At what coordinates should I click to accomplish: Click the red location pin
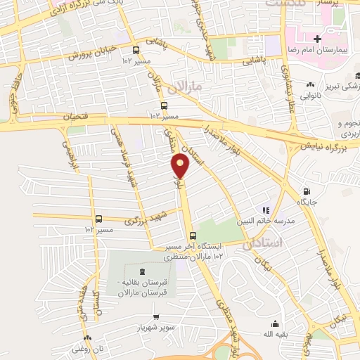coord(181,166)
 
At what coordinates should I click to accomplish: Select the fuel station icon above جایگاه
coord(306,191)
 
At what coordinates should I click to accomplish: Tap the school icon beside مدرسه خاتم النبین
coord(266,210)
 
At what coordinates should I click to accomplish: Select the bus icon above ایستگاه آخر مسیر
coord(192,236)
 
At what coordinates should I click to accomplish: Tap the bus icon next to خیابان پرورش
coord(136,49)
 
